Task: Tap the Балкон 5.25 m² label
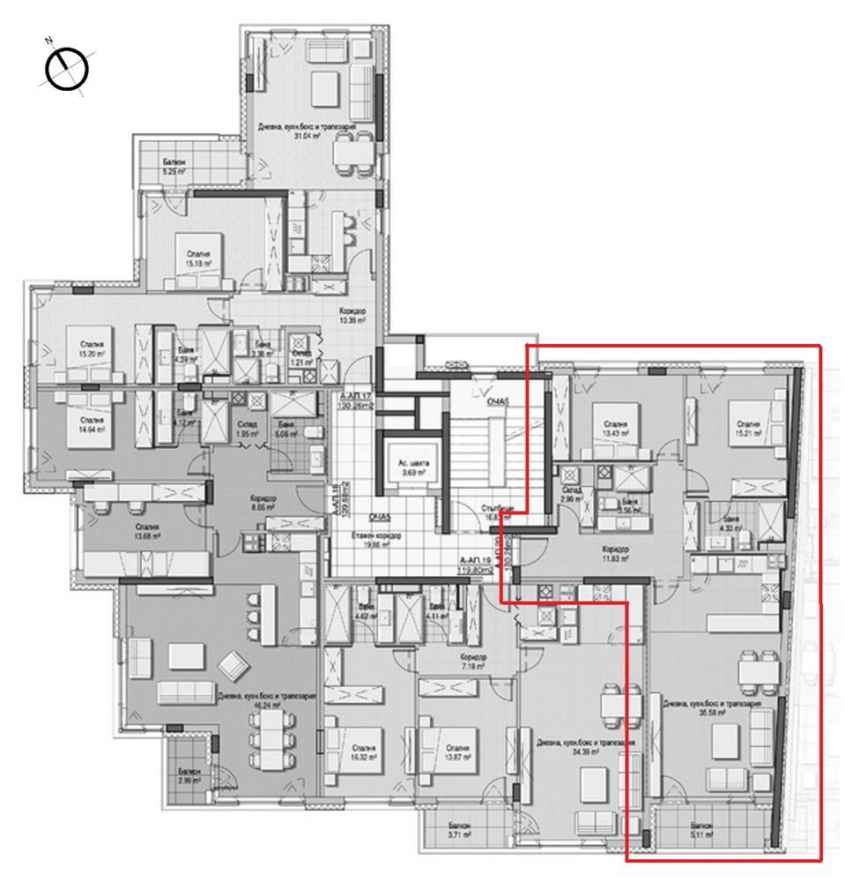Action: coord(173,168)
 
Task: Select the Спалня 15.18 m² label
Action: coord(189,243)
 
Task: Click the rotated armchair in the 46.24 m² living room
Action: coord(234,661)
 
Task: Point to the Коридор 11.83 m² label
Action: coord(616,553)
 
